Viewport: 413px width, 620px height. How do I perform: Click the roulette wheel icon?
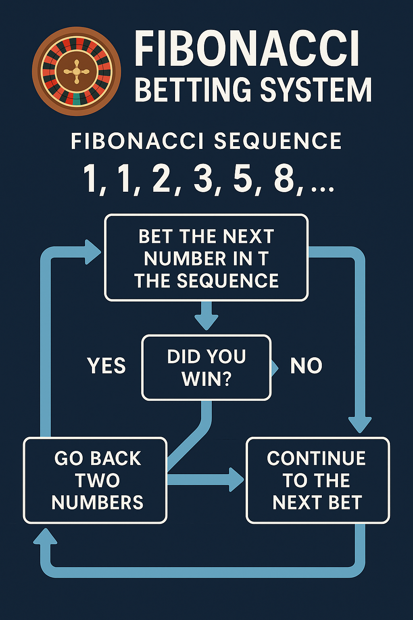[x=77, y=71]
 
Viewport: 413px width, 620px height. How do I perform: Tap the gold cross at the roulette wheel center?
[x=77, y=72]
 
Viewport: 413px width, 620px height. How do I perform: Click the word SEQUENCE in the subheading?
[x=277, y=141]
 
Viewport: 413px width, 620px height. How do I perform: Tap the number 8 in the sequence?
[x=284, y=178]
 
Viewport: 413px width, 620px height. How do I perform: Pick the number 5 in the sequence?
[x=242, y=178]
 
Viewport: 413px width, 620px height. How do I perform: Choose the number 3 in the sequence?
[x=203, y=178]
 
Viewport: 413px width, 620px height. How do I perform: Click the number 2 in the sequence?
[x=162, y=178]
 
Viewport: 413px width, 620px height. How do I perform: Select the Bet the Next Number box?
[x=206, y=258]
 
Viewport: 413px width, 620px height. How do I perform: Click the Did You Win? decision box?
[x=206, y=367]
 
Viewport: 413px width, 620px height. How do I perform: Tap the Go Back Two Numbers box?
[x=95, y=480]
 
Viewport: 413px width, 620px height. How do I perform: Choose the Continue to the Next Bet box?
[x=317, y=480]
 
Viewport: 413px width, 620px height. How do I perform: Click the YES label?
[x=106, y=366]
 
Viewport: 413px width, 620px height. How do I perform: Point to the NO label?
[x=306, y=366]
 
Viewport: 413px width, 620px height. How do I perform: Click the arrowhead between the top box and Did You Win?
[x=206, y=322]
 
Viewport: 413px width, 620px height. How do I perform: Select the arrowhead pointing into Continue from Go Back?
[x=236, y=480]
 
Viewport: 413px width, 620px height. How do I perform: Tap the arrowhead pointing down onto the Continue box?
[x=359, y=425]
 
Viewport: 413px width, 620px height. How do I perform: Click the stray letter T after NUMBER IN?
[x=264, y=259]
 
